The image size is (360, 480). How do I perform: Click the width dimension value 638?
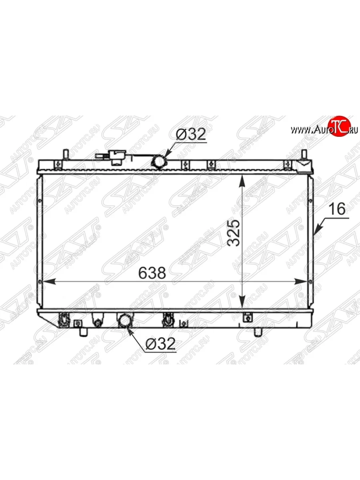[152, 273]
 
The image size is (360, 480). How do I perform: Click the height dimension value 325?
[234, 233]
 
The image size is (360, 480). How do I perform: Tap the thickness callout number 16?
[337, 209]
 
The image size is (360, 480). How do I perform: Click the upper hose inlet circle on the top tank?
[160, 161]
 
